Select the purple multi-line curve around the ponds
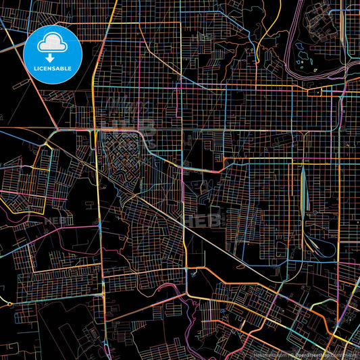tap(292, 54)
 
